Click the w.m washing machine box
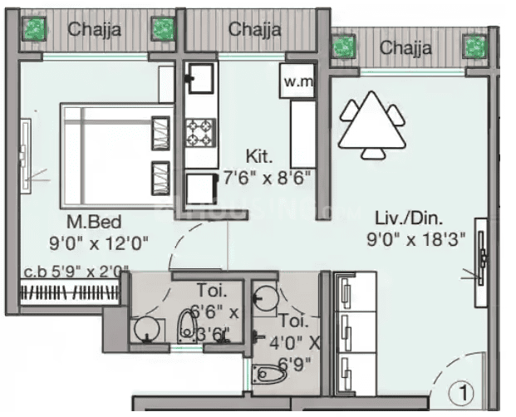coord(297,82)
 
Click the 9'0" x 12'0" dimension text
coord(98,243)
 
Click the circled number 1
coord(459,390)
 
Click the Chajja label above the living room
coord(406,47)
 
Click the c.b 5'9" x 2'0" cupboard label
coord(76,270)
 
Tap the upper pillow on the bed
coord(160,131)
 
